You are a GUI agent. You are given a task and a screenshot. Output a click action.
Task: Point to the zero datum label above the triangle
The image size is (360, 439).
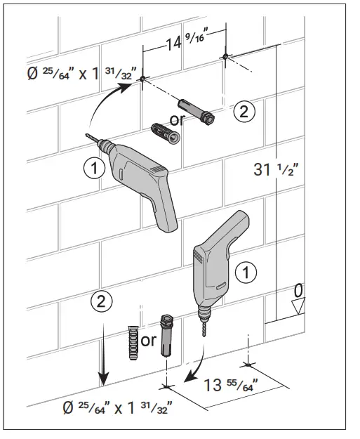pos(299,289)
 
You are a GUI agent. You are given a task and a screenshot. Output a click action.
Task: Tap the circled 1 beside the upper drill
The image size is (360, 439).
pos(94,166)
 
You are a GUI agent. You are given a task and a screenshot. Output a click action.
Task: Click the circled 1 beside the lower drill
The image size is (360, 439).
pos(244,272)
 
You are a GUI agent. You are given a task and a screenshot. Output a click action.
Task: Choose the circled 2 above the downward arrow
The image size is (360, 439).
pos(102,302)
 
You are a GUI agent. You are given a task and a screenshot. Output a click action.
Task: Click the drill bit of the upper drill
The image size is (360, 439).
pos(95,140)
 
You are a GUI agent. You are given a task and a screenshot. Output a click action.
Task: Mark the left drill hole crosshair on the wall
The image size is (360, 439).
pos(142,79)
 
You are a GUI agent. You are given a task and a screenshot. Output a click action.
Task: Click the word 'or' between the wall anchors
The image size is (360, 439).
pos(177,119)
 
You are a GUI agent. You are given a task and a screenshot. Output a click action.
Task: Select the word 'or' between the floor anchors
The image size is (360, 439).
pos(148,341)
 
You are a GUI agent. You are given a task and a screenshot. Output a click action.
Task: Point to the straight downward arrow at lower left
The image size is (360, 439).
pos(102,355)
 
